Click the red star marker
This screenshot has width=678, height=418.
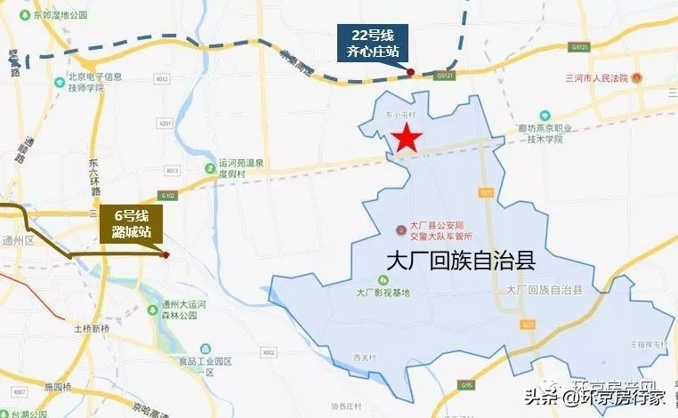(407, 138)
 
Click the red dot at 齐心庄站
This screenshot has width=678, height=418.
(410, 71)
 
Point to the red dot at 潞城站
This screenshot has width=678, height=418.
(166, 255)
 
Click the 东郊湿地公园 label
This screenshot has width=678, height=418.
(57, 16)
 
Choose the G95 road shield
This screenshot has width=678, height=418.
(468, 383)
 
